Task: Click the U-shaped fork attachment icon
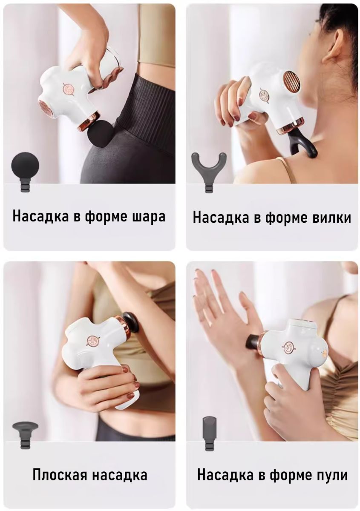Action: [209, 172]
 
